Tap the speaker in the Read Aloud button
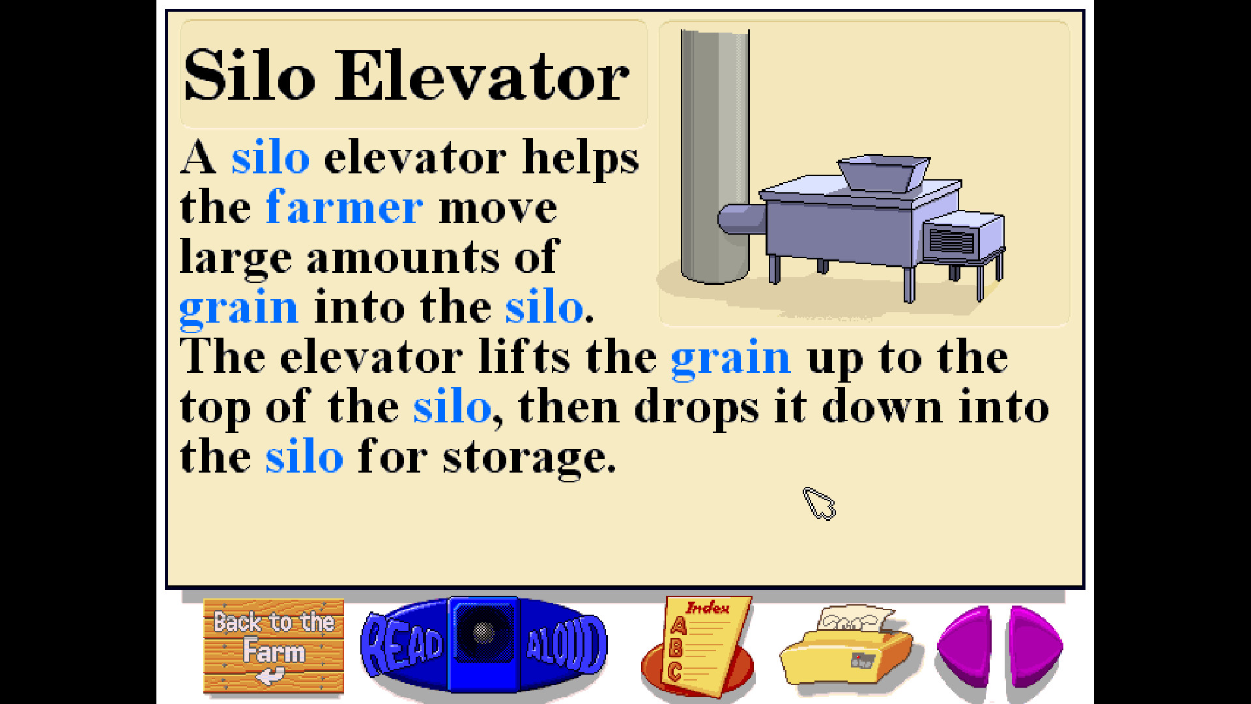[x=483, y=632]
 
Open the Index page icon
[x=700, y=645]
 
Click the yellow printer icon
[x=847, y=649]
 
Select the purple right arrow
[x=1035, y=645]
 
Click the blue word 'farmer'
[x=345, y=208]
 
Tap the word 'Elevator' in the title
[x=482, y=77]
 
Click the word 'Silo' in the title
[x=250, y=77]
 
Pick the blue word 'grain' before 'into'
[x=238, y=308]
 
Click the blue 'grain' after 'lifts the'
[x=730, y=358]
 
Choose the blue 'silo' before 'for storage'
[x=304, y=457]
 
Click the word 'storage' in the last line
[x=528, y=458]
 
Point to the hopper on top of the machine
[x=883, y=172]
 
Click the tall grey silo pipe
[x=715, y=156]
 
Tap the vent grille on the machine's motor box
[x=951, y=241]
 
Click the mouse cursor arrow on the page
[x=818, y=503]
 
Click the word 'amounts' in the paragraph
[x=402, y=257]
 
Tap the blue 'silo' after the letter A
[x=270, y=158]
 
